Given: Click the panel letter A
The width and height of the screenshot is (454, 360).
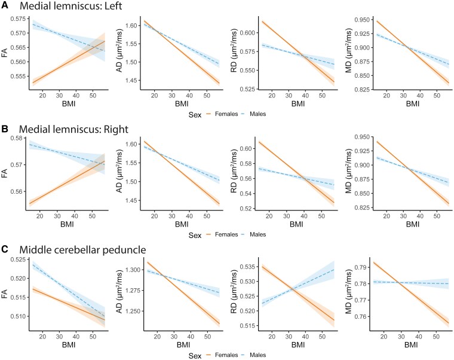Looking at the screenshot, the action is (x=5, y=5).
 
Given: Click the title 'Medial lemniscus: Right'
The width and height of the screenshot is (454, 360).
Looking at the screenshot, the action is (x=73, y=129).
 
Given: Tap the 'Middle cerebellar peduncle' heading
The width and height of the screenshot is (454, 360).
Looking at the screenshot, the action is (x=82, y=250).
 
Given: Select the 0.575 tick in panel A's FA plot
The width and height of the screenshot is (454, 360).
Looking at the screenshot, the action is (x=19, y=19).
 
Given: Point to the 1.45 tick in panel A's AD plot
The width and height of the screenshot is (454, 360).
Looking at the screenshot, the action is (x=131, y=80).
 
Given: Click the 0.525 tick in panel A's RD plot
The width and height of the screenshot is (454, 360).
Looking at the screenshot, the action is (x=247, y=89).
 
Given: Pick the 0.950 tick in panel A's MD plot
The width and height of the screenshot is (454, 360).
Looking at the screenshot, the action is (x=362, y=20).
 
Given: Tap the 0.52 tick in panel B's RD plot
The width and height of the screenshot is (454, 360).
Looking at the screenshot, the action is (x=246, y=209).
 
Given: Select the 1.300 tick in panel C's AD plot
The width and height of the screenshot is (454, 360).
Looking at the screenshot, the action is (x=133, y=270).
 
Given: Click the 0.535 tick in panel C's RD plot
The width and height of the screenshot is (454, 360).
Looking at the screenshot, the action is (x=247, y=267).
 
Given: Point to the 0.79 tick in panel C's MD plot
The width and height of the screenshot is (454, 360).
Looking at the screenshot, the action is (x=360, y=267).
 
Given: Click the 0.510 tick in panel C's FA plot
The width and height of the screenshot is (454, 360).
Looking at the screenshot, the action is (x=19, y=316).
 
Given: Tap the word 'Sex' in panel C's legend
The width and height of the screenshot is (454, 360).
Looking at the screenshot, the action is (x=195, y=356).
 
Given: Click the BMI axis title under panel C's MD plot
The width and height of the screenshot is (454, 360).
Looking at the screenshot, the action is (x=410, y=345).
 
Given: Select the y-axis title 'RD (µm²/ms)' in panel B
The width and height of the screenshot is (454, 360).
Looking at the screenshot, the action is (x=234, y=172).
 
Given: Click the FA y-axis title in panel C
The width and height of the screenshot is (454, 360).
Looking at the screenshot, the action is (x=4, y=294).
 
